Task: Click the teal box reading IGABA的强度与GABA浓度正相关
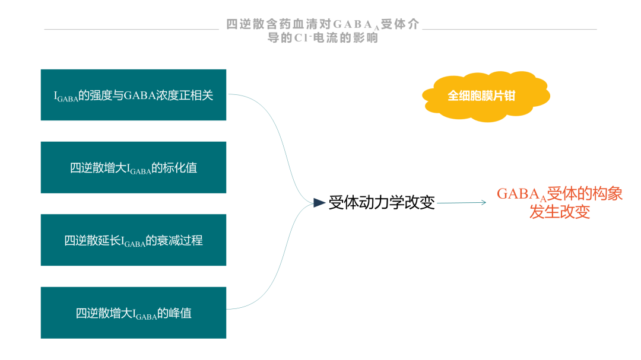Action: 134,95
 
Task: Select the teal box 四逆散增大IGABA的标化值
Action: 134,167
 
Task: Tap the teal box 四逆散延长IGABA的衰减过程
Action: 134,240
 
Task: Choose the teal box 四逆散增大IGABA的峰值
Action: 134,313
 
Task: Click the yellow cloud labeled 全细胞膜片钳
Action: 485,97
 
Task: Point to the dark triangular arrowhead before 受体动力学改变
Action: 319,203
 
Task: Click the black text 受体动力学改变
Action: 382,203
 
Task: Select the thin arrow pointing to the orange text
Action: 462,202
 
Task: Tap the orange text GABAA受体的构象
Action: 560,194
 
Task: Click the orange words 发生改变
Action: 560,212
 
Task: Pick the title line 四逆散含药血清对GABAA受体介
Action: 322,24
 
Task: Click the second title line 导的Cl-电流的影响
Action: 322,38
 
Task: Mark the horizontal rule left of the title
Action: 132,30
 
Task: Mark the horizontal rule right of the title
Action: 509,30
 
